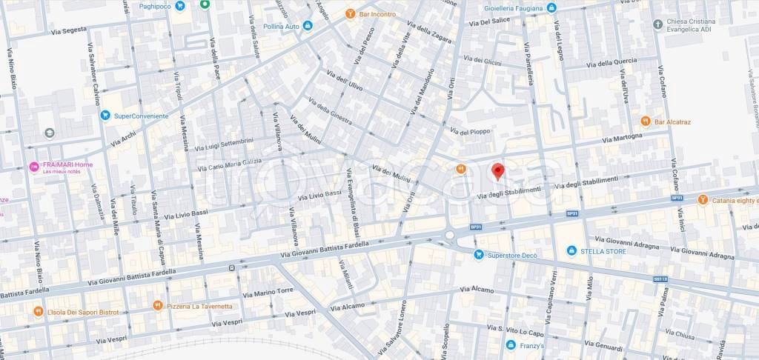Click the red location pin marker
499,171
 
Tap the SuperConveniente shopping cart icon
105,116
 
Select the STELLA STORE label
603,251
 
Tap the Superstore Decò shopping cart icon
479,255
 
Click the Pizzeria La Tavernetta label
199,305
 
